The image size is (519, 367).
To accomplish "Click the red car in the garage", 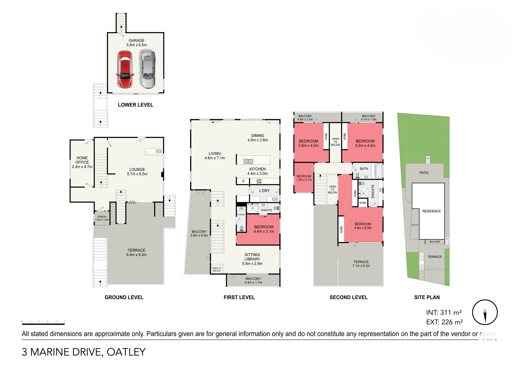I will pyautogui.click(x=125, y=70).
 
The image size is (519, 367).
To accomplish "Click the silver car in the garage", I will pyautogui.click(x=148, y=70).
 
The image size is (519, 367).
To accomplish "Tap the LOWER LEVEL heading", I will pyautogui.click(x=135, y=105).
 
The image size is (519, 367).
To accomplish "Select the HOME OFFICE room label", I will pyautogui.click(x=82, y=162).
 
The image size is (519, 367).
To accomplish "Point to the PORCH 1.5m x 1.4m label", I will pyautogui.click(x=102, y=218).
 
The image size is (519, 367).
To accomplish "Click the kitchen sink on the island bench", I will pyautogui.click(x=248, y=161).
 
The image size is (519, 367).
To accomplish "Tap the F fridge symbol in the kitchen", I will pyautogui.click(x=243, y=181).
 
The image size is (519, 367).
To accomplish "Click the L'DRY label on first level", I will pyautogui.click(x=264, y=191).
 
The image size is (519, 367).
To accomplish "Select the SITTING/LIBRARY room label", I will pyautogui.click(x=252, y=259).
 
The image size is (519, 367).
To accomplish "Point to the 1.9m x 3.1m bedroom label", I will pyautogui.click(x=304, y=178).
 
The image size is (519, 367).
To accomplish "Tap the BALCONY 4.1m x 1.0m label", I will pyautogui.click(x=368, y=118).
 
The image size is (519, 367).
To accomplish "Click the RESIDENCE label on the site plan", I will pyautogui.click(x=431, y=211).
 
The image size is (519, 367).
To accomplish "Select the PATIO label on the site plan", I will pyautogui.click(x=424, y=173).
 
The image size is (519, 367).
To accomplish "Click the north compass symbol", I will pyautogui.click(x=485, y=312).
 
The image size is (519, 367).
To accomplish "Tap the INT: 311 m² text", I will pyautogui.click(x=444, y=313).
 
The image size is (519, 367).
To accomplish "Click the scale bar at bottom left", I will pyautogui.click(x=43, y=323).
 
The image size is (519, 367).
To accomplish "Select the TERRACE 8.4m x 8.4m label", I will pyautogui.click(x=137, y=252).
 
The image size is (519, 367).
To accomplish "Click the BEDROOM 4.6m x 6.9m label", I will pyautogui.click(x=363, y=226).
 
